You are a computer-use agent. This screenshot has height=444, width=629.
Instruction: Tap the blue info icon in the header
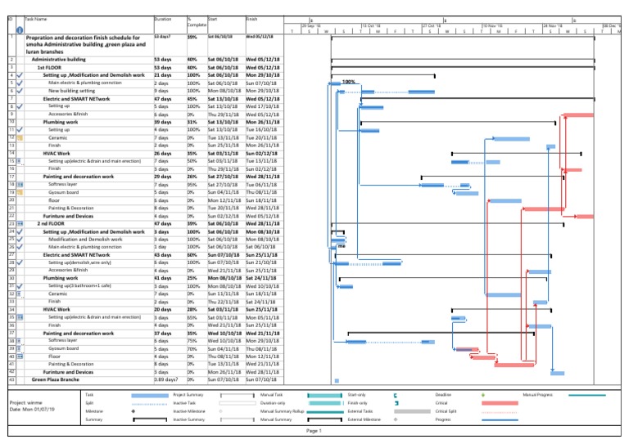pyautogui.click(x=18, y=27)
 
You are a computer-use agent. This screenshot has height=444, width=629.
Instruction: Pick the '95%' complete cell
pyautogui.click(x=192, y=186)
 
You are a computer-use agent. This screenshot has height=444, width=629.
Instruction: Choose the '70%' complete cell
pyautogui.click(x=192, y=348)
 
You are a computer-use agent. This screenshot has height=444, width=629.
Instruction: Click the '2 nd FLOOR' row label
pyautogui.click(x=51, y=223)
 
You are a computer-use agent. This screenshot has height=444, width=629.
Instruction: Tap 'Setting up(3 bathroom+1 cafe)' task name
pyautogui.click(x=84, y=285)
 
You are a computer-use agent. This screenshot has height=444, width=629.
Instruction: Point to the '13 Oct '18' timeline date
pyautogui.click(x=373, y=25)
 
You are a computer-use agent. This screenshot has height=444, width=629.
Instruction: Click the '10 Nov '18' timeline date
pyautogui.click(x=494, y=25)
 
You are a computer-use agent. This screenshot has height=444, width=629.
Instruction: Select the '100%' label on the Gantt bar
pyautogui.click(x=348, y=82)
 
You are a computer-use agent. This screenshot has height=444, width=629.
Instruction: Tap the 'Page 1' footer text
pyautogui.click(x=314, y=430)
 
